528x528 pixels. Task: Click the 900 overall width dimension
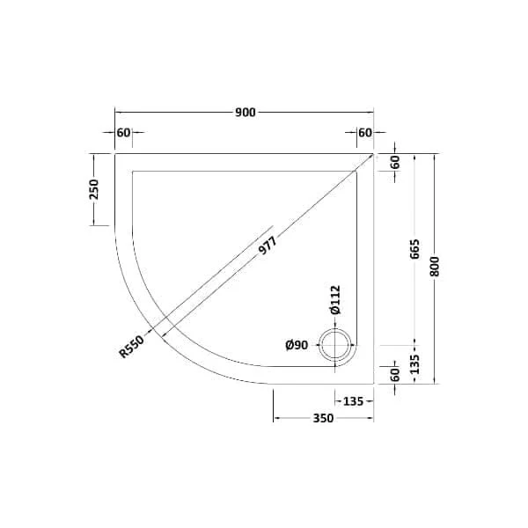tap(245, 112)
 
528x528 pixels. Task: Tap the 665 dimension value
tap(414, 252)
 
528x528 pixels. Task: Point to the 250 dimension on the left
tap(95, 188)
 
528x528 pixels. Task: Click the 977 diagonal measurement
tap(267, 248)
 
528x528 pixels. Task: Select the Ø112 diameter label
tap(334, 301)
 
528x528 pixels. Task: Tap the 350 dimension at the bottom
tap(323, 418)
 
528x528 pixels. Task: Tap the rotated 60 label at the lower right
tap(395, 373)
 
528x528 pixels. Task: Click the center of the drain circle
tap(335, 345)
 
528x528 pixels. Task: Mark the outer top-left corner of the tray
tap(115, 153)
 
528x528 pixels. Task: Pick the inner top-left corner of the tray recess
tap(132, 170)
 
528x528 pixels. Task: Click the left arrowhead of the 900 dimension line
tap(118, 112)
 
